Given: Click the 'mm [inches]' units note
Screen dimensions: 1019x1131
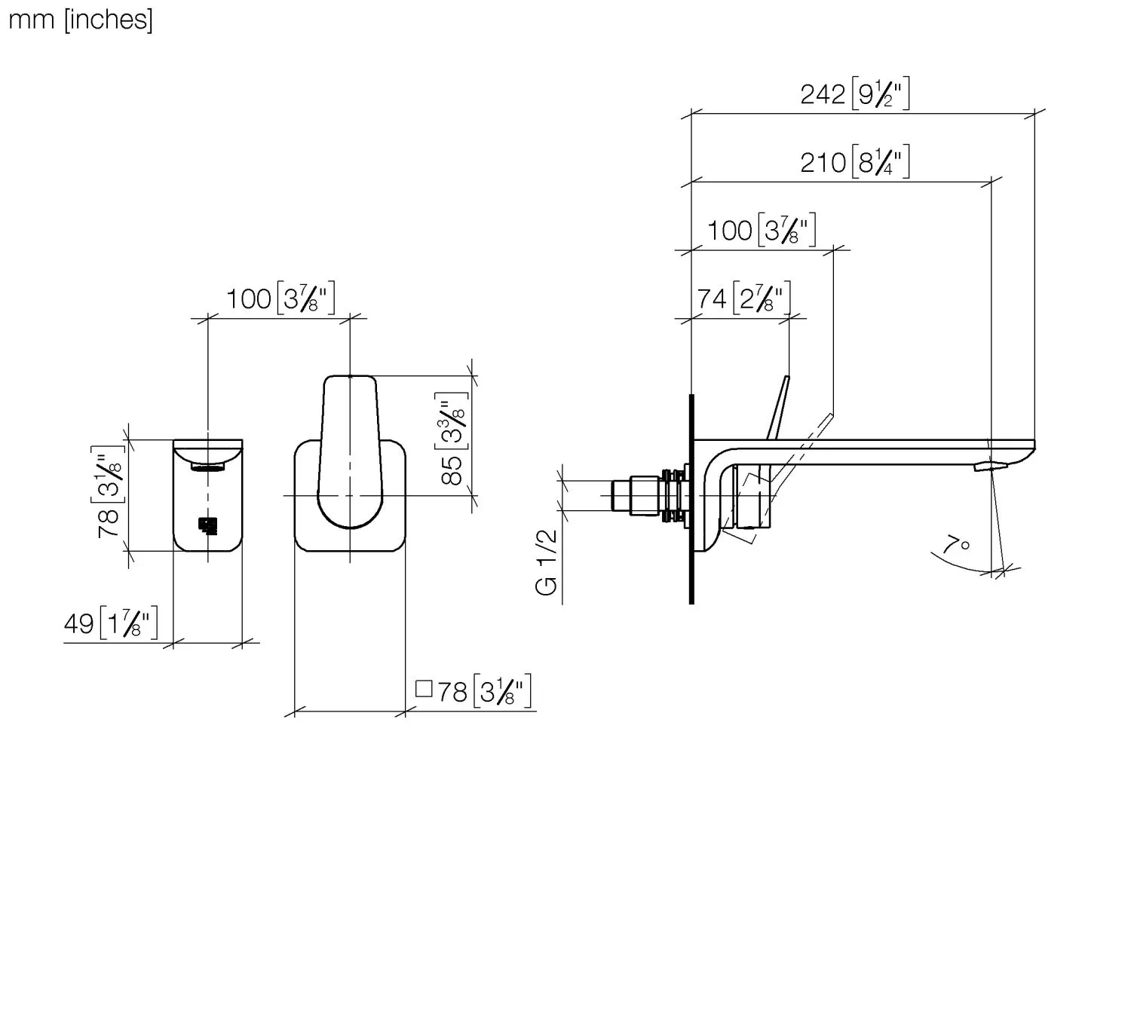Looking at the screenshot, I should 80,19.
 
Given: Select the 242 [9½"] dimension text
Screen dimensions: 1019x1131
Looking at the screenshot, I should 855,95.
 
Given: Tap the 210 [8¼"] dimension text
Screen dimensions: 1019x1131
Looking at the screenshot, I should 855,163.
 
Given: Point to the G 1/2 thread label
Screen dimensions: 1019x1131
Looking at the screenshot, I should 547,562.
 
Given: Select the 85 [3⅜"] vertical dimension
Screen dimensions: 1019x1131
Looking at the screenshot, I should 452,439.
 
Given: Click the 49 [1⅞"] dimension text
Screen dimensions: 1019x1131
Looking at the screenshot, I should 111,624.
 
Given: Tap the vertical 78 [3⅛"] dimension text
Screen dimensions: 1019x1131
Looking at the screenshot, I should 109,492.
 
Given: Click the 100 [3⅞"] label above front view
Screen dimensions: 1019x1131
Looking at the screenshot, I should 280,298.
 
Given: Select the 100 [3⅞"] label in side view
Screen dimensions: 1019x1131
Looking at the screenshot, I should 761,231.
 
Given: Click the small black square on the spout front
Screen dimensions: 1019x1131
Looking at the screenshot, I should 208,525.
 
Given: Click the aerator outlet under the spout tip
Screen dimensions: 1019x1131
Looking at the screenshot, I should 988,467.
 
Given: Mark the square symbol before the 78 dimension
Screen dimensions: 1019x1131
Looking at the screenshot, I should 424,689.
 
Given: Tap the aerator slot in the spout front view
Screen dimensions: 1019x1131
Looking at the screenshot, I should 208,467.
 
